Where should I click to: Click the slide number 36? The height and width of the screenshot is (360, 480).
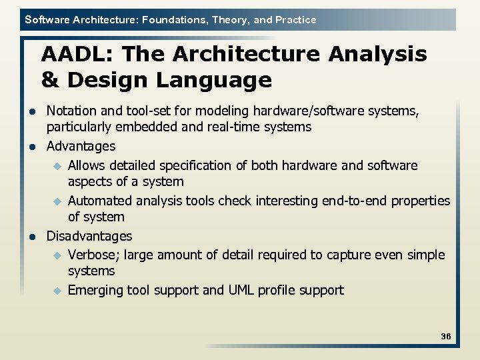click(x=445, y=337)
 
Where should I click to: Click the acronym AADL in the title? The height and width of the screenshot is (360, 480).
click(x=73, y=54)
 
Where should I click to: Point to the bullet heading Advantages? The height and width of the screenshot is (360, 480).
click(x=81, y=146)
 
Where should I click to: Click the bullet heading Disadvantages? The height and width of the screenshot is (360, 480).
click(x=89, y=236)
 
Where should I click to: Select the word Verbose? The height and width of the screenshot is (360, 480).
click(x=92, y=255)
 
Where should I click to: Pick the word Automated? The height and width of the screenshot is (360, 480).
click(x=99, y=201)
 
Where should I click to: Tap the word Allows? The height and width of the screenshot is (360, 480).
click(x=87, y=165)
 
